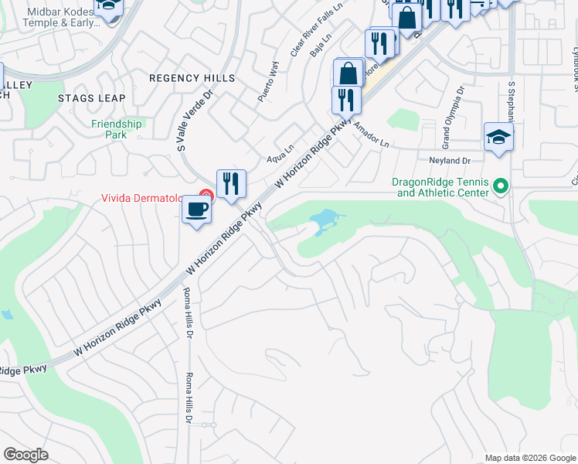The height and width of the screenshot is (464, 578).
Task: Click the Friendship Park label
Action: tap(117, 128)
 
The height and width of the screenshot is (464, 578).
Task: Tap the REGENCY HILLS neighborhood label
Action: tap(192, 79)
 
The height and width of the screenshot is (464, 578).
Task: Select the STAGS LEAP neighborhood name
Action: tap(91, 98)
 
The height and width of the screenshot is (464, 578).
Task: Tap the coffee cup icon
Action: tap(197, 210)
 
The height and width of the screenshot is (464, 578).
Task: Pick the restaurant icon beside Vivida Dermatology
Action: tap(231, 184)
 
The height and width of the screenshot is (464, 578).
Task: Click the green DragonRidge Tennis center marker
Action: tap(500, 186)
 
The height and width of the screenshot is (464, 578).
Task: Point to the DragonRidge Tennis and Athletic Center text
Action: tap(440, 187)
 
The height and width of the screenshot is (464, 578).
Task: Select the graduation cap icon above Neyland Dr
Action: tap(498, 138)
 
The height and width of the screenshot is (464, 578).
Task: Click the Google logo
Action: tap(25, 455)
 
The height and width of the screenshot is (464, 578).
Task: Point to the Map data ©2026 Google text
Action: tap(530, 458)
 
